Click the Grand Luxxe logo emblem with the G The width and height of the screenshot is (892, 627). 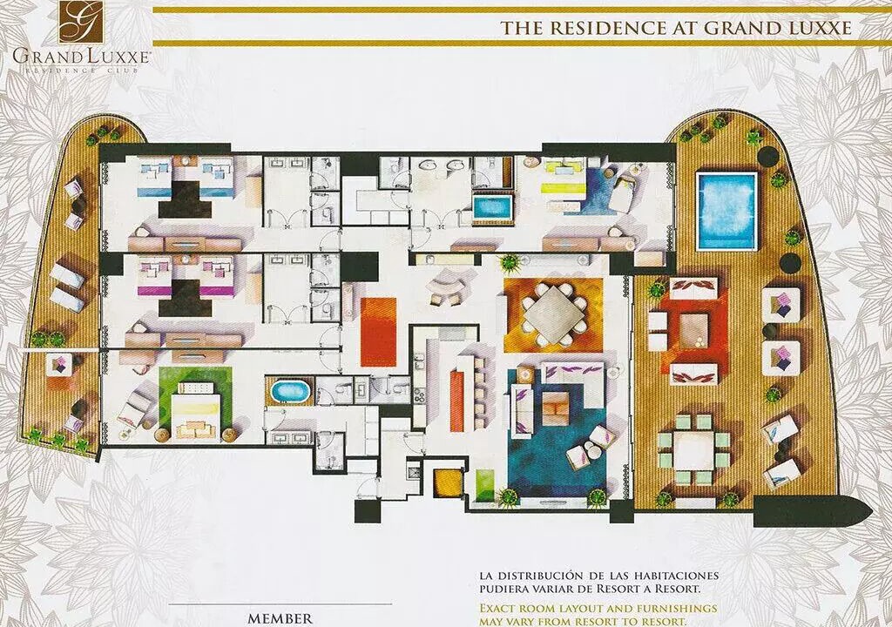[x=79, y=22]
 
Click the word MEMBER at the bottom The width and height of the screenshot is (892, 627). [x=280, y=618]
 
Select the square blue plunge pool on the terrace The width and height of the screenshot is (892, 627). [x=726, y=211]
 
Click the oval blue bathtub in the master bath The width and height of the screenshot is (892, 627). [x=290, y=392]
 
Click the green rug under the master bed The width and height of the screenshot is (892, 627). [x=195, y=403]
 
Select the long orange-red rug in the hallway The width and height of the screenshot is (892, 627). [x=378, y=332]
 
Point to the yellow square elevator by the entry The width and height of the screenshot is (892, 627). [x=445, y=483]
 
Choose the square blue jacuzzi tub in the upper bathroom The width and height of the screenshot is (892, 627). [x=493, y=207]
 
